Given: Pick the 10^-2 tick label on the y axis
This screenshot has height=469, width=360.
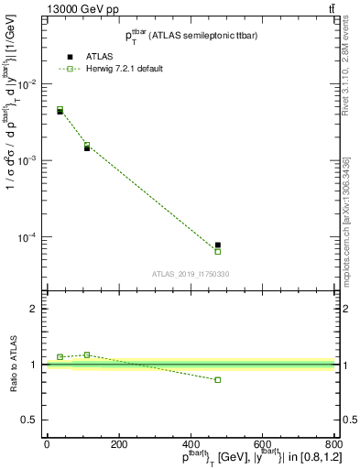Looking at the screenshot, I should (27, 84).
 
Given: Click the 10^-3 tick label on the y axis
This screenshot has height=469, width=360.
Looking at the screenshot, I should (27, 160).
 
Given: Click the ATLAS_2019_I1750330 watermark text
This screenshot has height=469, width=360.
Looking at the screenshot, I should (190, 274).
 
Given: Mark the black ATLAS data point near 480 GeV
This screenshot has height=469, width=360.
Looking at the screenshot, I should (218, 245).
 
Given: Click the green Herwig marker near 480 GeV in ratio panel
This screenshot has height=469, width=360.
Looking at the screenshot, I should (218, 379).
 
